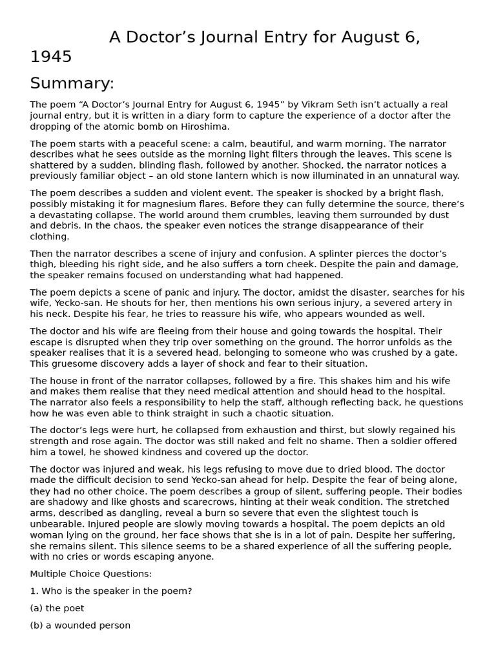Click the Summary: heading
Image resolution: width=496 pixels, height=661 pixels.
(72, 83)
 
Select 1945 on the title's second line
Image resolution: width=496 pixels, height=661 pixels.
(51, 57)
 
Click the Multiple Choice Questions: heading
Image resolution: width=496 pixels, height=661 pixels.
(91, 573)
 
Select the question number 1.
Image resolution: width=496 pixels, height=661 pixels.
(33, 591)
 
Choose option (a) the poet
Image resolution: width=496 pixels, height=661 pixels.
(57, 608)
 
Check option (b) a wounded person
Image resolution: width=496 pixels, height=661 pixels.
(80, 625)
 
